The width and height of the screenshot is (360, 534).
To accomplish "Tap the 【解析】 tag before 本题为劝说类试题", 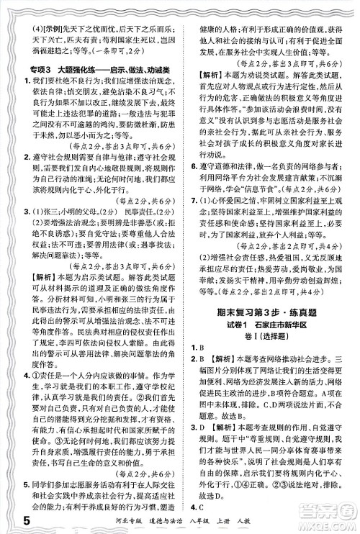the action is point(209,73).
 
